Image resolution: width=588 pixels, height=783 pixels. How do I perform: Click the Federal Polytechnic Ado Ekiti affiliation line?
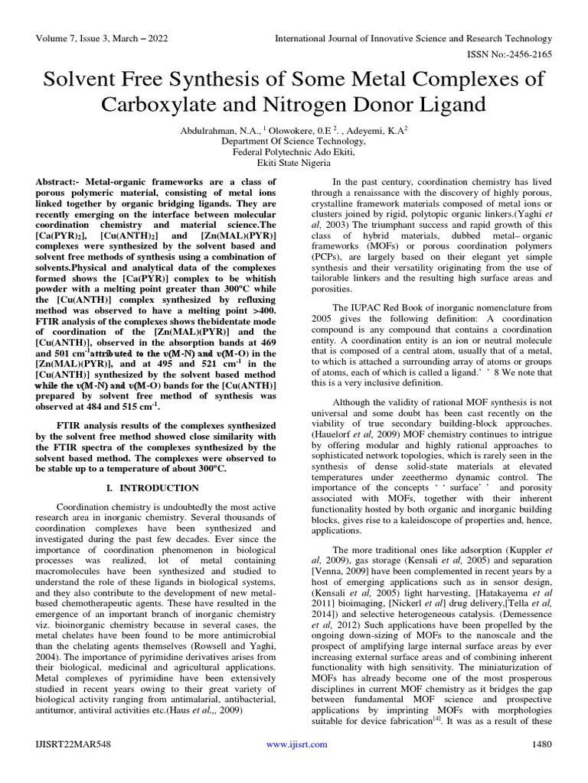pyautogui.click(x=293, y=152)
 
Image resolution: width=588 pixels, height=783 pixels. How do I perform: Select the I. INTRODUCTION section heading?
pyautogui.click(x=150, y=488)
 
